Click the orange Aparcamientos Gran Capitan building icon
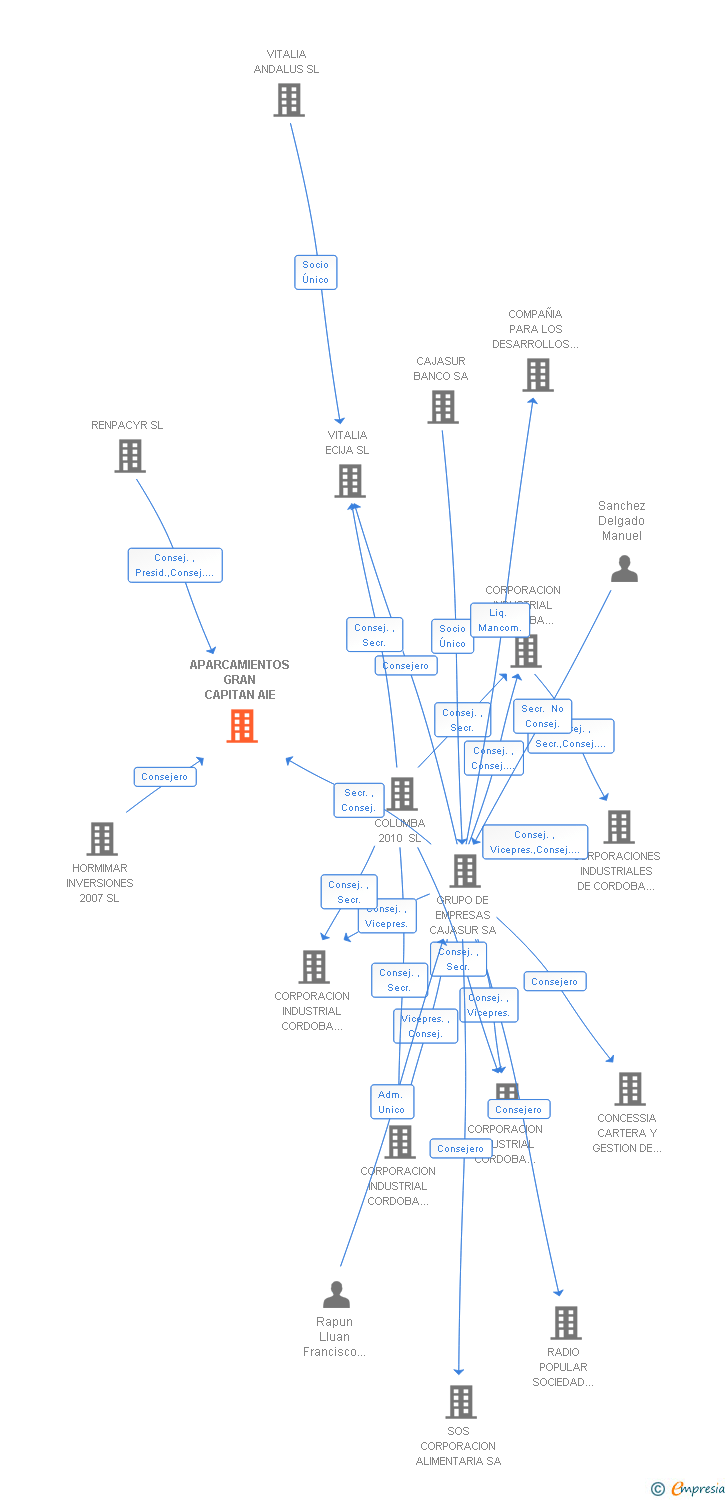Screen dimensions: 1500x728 click(242, 726)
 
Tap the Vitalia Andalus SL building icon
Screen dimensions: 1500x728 click(289, 100)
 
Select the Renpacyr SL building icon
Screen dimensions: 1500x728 click(130, 456)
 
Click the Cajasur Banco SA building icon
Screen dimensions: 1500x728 click(443, 407)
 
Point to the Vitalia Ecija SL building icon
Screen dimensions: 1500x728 click(349, 481)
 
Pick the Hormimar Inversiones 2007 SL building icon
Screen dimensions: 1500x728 click(102, 838)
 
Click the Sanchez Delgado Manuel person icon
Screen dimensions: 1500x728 click(624, 569)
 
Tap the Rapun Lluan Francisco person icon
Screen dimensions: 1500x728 click(336, 1294)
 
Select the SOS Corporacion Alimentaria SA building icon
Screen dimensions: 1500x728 click(460, 1402)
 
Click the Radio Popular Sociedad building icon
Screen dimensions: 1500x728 click(566, 1323)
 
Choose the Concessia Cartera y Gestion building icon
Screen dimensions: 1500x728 click(629, 1089)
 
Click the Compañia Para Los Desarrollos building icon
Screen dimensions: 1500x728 click(537, 375)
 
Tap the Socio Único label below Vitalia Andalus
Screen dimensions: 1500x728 click(315, 272)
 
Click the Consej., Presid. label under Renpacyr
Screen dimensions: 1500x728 click(175, 565)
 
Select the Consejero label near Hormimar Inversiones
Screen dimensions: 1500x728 click(165, 777)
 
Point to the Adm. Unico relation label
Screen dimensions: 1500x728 click(392, 1102)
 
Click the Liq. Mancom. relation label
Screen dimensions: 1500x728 click(500, 620)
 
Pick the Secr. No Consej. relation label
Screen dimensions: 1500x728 click(542, 716)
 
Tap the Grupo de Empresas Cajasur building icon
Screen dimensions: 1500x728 click(464, 871)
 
